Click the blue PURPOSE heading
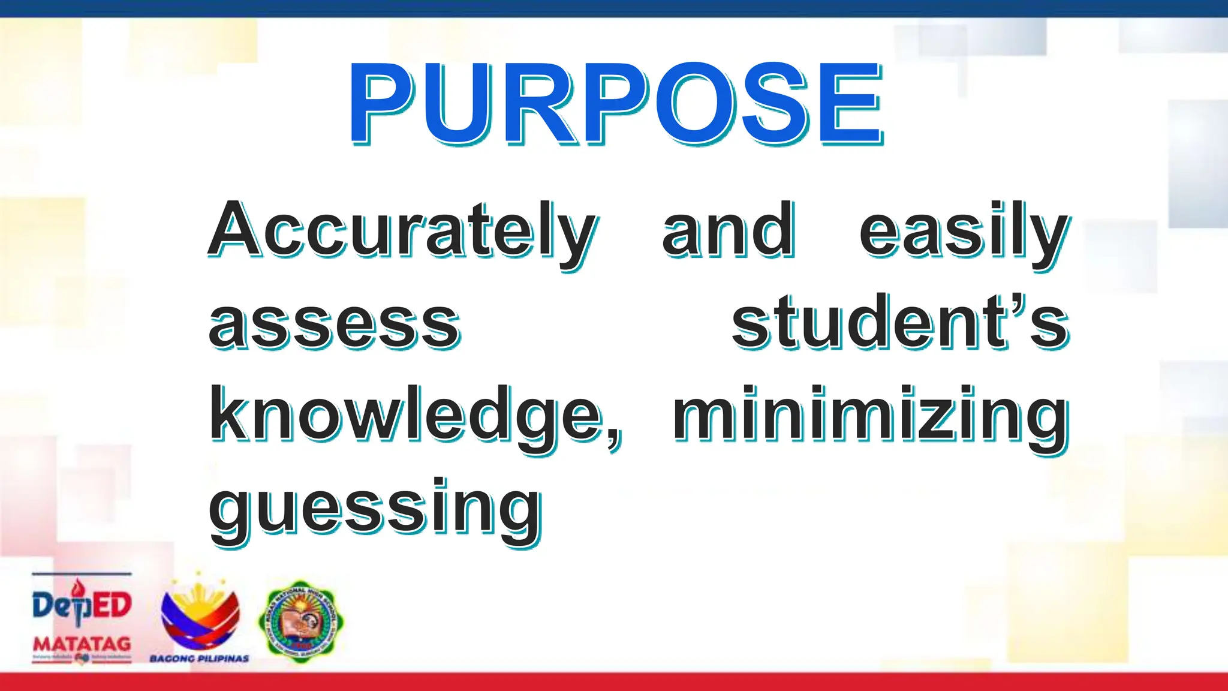click(616, 103)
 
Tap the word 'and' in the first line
click(729, 230)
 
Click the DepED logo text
click(82, 605)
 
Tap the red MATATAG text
click(82, 644)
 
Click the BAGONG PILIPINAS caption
click(199, 659)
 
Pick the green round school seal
click(301, 621)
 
